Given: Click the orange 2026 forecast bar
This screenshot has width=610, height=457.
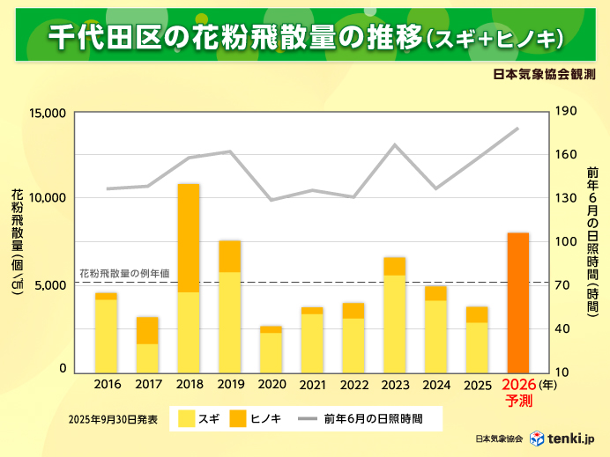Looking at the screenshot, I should [517, 302].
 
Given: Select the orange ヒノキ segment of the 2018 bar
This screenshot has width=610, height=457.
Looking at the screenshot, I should [189, 238].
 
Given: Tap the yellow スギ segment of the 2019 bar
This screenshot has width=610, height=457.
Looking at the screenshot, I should [230, 321].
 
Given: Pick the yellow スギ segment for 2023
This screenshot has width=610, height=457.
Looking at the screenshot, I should [394, 323].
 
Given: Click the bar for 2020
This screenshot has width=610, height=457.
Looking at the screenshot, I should [271, 350].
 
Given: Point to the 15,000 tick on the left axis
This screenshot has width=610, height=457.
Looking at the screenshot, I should [49, 114].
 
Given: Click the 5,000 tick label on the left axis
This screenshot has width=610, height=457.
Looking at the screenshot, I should [53, 285].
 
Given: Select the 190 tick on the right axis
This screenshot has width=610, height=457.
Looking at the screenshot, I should [565, 112].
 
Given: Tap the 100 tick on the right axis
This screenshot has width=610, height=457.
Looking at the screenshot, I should [565, 242].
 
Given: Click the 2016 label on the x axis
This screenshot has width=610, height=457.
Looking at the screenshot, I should [107, 385].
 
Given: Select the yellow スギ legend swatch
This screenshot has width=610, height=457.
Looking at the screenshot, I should [186, 419].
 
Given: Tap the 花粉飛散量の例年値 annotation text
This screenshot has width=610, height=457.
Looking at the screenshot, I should [124, 274].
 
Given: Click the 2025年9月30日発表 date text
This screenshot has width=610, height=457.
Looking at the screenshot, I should [112, 420].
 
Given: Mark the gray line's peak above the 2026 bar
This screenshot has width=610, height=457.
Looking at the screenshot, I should [517, 129].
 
